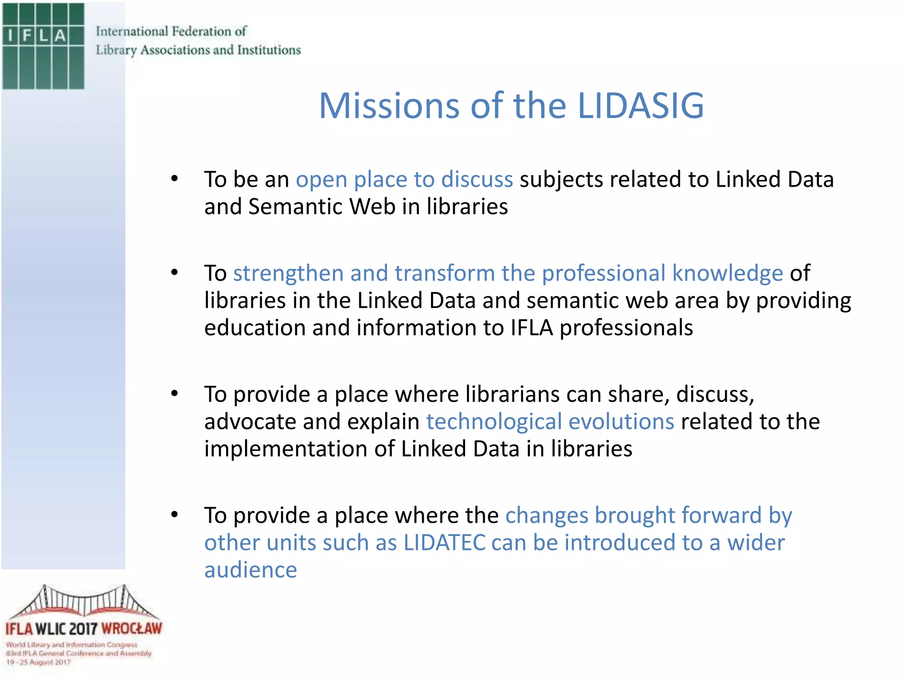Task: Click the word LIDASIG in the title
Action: click(x=641, y=106)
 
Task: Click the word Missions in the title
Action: click(x=389, y=106)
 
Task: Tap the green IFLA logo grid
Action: click(x=43, y=46)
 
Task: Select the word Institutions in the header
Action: click(x=269, y=50)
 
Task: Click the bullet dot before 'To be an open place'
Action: click(x=175, y=179)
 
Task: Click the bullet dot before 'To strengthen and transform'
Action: click(x=175, y=272)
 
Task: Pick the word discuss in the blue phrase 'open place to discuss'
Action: click(x=477, y=179)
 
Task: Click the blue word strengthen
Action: click(x=288, y=273)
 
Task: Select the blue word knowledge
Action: click(x=728, y=273)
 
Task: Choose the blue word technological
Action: click(x=494, y=422)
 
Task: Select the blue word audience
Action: click(x=250, y=570)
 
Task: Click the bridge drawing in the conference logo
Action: click(x=84, y=602)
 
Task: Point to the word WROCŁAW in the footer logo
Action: click(x=132, y=629)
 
